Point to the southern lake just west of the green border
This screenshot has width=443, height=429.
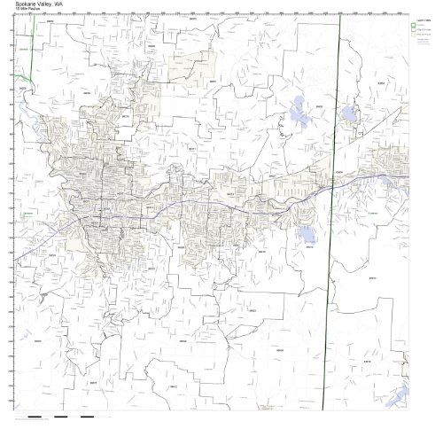click(x=307, y=234)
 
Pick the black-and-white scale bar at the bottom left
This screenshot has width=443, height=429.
click(x=53, y=416)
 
